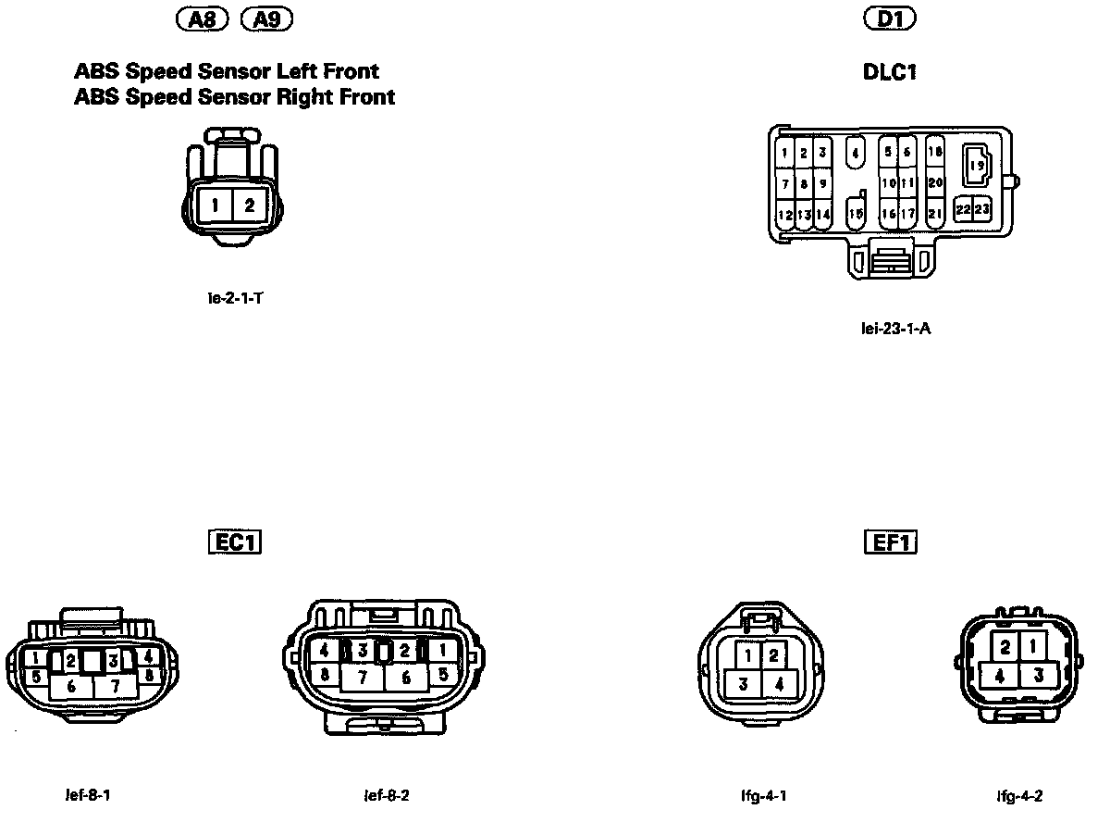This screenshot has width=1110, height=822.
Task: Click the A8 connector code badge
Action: click(205, 19)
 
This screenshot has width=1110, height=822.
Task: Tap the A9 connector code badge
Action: click(266, 19)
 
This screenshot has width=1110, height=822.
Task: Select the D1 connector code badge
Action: click(889, 19)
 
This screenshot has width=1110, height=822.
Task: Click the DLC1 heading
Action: click(889, 72)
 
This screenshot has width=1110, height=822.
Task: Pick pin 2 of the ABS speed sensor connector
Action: click(250, 205)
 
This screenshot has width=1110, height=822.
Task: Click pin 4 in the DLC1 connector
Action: click(856, 153)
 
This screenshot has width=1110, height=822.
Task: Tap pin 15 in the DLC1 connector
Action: click(856, 214)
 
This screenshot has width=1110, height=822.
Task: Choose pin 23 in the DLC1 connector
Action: click(982, 209)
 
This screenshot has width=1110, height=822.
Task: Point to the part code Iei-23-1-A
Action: click(895, 327)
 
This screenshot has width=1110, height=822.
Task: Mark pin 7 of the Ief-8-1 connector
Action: click(116, 687)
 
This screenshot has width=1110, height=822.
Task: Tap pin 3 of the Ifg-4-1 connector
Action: click(742, 685)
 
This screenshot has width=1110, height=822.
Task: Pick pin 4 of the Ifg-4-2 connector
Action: click(999, 677)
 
